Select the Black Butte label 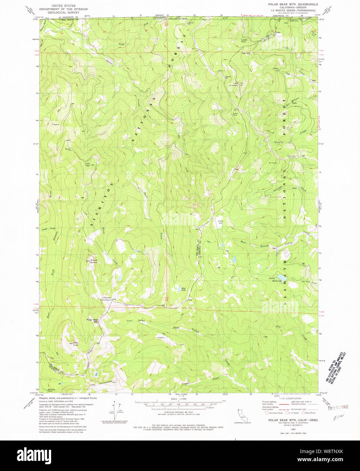pos(93,261)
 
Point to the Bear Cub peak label pos(76,344)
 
